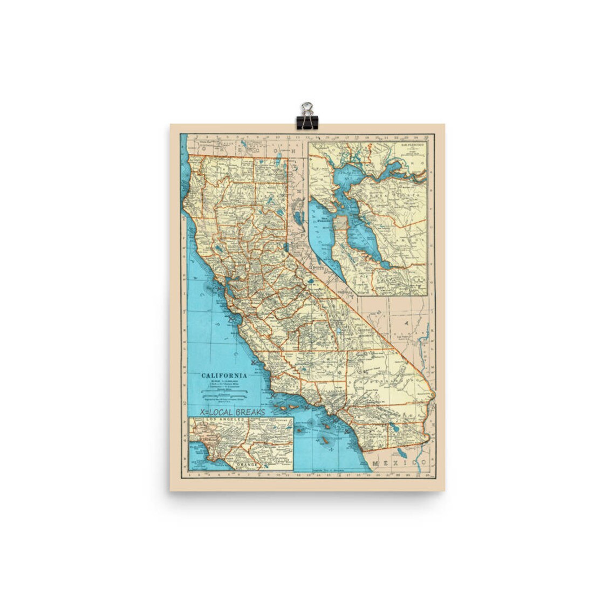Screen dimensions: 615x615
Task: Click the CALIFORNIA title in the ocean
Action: pyautogui.click(x=224, y=375)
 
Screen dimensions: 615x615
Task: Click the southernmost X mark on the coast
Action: pyautogui.click(x=346, y=430)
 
